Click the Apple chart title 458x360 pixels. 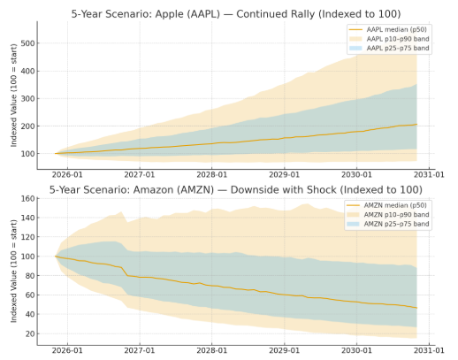pyautogui.click(x=236, y=14)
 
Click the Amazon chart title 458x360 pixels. pyautogui.click(x=236, y=189)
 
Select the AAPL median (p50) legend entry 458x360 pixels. pyautogui.click(x=387, y=29)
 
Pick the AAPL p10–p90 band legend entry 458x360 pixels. pyautogui.click(x=389, y=39)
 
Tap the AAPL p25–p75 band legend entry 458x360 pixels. pyautogui.click(x=389, y=48)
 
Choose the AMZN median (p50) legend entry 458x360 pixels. pyautogui.click(x=386, y=205)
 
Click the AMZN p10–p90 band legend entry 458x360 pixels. pyautogui.click(x=388, y=215)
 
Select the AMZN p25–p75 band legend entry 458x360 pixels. pyautogui.click(x=388, y=224)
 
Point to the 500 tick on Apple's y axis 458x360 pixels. pyautogui.click(x=27, y=43)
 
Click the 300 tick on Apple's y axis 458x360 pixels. pyautogui.click(x=27, y=98)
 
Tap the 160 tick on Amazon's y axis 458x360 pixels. pyautogui.click(x=27, y=198)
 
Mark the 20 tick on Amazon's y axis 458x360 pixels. pyautogui.click(x=30, y=333)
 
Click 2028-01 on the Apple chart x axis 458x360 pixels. pyautogui.click(x=212, y=175)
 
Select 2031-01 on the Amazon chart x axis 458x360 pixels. pyautogui.click(x=429, y=350)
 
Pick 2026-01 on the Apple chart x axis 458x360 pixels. pyautogui.click(x=67, y=175)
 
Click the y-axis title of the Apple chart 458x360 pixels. pyautogui.click(x=14, y=96)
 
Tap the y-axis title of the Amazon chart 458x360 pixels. pyautogui.click(x=14, y=272)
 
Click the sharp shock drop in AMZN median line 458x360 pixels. pyautogui.click(x=125, y=272)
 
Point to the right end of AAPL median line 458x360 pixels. pyautogui.click(x=416, y=125)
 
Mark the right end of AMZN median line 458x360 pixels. pyautogui.click(x=416, y=308)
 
